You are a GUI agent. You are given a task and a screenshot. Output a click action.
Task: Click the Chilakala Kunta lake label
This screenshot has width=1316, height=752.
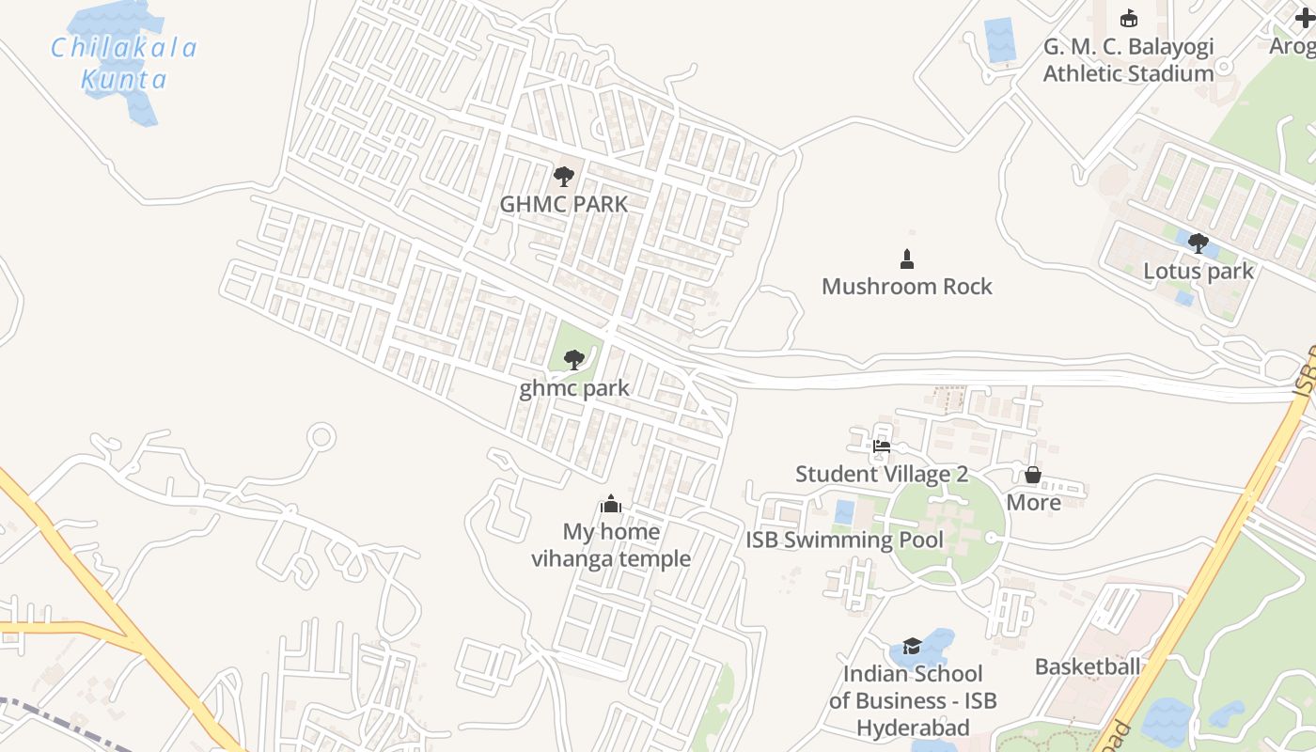point(123,63)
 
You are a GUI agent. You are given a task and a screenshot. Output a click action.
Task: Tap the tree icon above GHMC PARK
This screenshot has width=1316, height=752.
point(563,176)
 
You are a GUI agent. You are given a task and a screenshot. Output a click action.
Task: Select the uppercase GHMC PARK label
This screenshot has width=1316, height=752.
point(563,204)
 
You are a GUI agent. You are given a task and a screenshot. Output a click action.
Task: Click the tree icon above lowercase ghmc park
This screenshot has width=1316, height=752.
point(573,359)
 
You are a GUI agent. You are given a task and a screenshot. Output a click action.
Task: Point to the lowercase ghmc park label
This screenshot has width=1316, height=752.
point(573,388)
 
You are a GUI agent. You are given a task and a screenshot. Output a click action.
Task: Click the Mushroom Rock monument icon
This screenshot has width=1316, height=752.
point(907,258)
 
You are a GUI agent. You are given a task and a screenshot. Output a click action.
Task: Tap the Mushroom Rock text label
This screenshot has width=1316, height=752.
point(906,287)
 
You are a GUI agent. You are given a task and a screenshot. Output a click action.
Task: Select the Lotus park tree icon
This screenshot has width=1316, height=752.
point(1198,243)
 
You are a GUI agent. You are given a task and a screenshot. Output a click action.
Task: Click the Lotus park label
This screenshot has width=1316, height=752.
point(1198,272)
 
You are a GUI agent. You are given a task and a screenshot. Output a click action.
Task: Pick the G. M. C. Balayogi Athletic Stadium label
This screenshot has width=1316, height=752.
point(1128,60)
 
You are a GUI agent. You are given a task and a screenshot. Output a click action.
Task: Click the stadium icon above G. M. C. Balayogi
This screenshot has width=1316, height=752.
point(1128,18)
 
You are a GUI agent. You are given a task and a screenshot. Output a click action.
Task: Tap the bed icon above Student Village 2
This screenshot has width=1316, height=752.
point(881,446)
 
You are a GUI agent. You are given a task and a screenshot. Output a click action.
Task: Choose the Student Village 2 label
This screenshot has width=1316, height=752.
point(881,474)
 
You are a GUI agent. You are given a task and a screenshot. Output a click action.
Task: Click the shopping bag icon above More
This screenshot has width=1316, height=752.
point(1032,475)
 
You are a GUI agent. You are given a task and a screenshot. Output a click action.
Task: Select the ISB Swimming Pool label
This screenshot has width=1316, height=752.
point(844,540)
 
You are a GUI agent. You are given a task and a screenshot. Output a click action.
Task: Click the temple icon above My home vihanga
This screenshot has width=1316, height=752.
point(611,504)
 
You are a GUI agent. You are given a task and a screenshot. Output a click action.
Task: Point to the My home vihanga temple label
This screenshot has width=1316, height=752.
point(611,545)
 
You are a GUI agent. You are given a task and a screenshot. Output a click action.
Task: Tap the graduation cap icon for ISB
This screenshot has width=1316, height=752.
point(912,646)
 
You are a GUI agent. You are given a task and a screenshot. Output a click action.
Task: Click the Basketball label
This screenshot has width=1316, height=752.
point(1087,666)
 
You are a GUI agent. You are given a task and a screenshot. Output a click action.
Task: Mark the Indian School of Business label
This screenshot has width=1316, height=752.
point(912,700)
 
